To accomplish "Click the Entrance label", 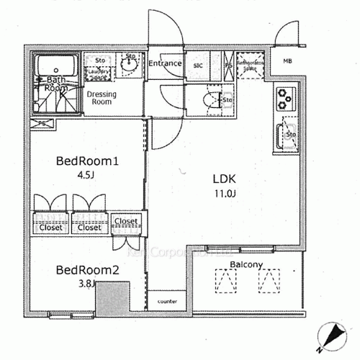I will (165, 64).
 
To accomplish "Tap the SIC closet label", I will (197, 65).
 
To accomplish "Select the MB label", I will (287, 61).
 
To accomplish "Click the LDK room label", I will (224, 179).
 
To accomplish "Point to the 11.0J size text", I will (224, 192).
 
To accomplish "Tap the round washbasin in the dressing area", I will (130, 64).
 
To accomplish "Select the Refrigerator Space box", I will (252, 64).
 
